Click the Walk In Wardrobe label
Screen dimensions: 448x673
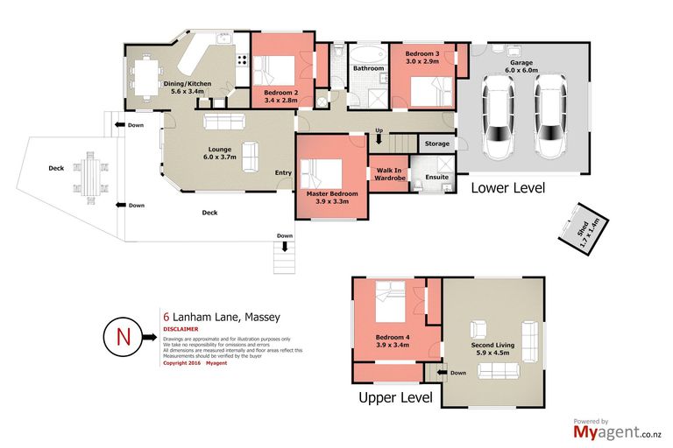pyautogui.click(x=389, y=174)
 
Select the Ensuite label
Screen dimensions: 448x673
pyautogui.click(x=436, y=177)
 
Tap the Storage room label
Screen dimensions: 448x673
pyautogui.click(x=436, y=143)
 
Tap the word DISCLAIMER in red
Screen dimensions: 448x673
pyautogui.click(x=182, y=329)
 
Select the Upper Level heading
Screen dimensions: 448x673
pyautogui.click(x=395, y=398)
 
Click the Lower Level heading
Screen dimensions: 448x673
pyautogui.click(x=508, y=188)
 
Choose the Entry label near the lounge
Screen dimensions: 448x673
pyautogui.click(x=283, y=172)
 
